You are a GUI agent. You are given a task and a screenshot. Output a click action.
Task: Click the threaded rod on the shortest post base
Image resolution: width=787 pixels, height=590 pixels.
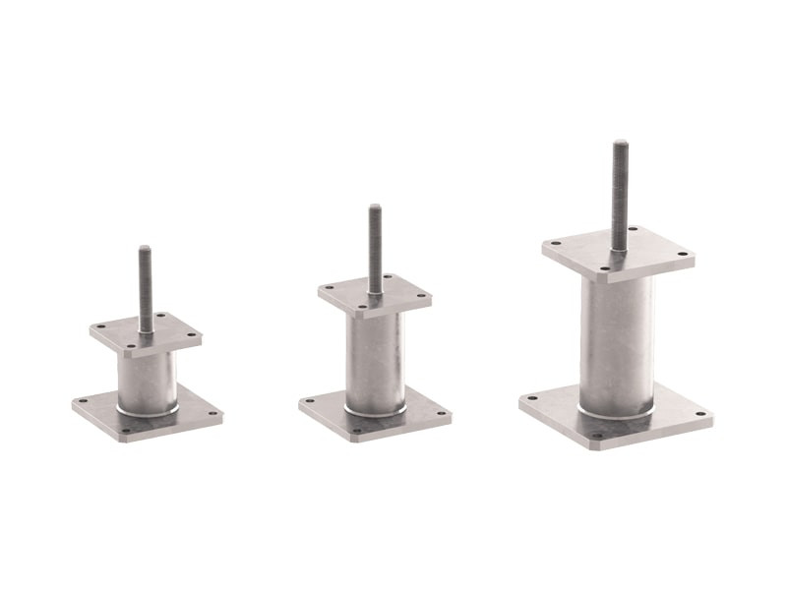pyautogui.click(x=146, y=285)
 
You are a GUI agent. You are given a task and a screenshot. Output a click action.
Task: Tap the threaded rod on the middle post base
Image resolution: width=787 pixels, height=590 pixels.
pyautogui.click(x=375, y=246)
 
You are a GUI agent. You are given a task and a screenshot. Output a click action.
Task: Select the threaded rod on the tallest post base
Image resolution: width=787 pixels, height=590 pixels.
pyautogui.click(x=620, y=192)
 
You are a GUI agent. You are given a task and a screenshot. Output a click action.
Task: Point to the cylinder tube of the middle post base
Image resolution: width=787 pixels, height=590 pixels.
pyautogui.click(x=375, y=359)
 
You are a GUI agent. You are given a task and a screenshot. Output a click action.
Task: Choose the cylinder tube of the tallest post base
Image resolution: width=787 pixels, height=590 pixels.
pyautogui.click(x=617, y=339)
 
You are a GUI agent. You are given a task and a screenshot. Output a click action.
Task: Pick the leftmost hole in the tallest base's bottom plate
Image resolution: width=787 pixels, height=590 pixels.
pyautogui.click(x=532, y=399)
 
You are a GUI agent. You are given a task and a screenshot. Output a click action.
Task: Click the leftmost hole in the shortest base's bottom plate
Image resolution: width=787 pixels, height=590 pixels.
pyautogui.click(x=85, y=402)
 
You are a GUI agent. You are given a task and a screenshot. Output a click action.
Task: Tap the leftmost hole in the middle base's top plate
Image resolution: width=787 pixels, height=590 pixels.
pyautogui.click(x=328, y=288)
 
